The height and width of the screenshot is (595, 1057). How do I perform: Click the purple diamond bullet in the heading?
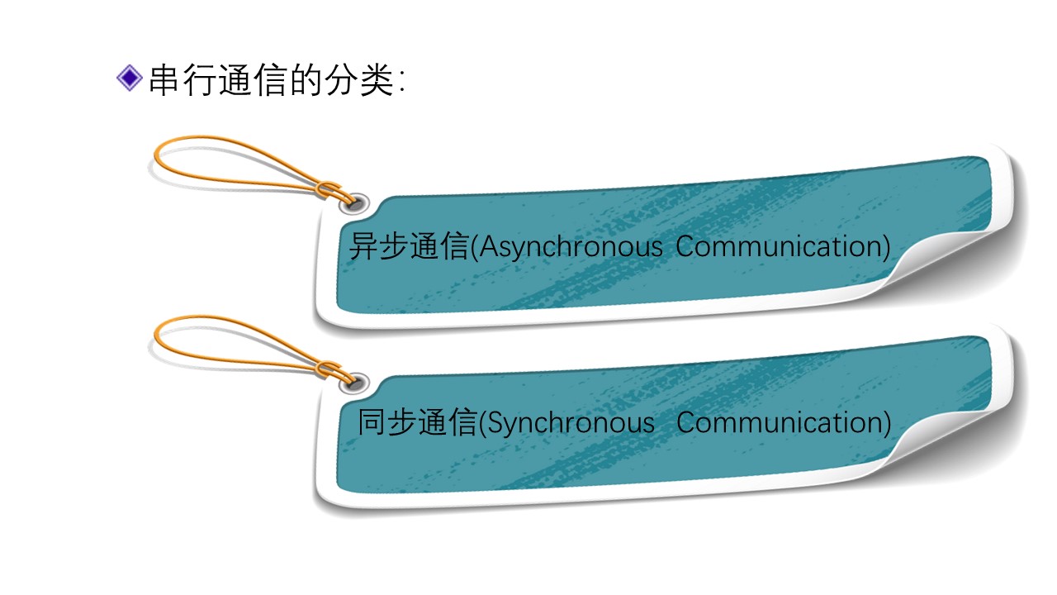[x=130, y=79]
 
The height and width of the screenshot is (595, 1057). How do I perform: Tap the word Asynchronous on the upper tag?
[x=571, y=247]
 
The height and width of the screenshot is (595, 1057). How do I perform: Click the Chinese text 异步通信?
[x=408, y=247]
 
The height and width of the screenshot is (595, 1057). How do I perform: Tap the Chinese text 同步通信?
[x=416, y=423]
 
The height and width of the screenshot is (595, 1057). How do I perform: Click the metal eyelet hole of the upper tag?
[x=358, y=202]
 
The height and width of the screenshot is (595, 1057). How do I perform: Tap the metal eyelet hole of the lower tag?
[x=358, y=382]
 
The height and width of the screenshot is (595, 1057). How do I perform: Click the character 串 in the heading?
[x=164, y=81]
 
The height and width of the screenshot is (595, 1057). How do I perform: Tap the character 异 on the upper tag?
[x=363, y=247]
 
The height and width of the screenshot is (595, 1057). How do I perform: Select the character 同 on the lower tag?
[x=372, y=423]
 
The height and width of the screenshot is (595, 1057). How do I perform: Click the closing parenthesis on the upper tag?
[x=886, y=247]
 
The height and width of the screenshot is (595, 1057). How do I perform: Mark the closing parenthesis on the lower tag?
[x=887, y=423]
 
